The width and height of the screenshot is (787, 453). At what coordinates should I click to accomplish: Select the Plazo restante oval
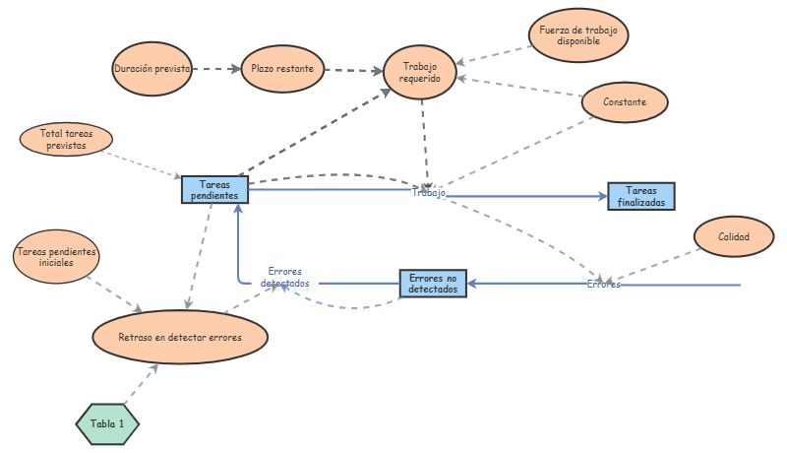[282, 69]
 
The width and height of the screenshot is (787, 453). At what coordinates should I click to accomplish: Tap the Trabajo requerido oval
[421, 72]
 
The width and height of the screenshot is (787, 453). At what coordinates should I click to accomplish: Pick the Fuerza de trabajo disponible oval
[577, 35]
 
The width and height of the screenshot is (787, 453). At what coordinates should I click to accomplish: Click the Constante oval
[626, 101]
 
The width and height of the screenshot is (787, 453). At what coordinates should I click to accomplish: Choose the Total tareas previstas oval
[65, 139]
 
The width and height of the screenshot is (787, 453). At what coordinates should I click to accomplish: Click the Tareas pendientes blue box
[214, 190]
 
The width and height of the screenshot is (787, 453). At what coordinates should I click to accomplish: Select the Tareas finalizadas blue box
[641, 196]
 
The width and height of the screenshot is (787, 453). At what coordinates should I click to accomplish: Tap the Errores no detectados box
[433, 284]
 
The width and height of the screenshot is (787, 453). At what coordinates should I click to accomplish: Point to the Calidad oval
[734, 236]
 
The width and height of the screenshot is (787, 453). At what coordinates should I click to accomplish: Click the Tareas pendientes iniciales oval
[56, 258]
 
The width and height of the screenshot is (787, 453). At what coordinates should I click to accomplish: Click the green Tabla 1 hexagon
[107, 423]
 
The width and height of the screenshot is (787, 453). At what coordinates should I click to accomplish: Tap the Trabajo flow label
[428, 193]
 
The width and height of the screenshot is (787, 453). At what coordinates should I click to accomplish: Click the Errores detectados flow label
[284, 277]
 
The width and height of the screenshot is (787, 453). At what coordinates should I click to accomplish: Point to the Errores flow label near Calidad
[603, 285]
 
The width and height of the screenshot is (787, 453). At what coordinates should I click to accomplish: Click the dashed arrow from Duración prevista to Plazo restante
[215, 69]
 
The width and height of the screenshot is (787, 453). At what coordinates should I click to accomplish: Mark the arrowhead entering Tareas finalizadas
[601, 197]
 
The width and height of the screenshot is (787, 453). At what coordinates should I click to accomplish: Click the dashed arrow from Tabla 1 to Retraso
[140, 383]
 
